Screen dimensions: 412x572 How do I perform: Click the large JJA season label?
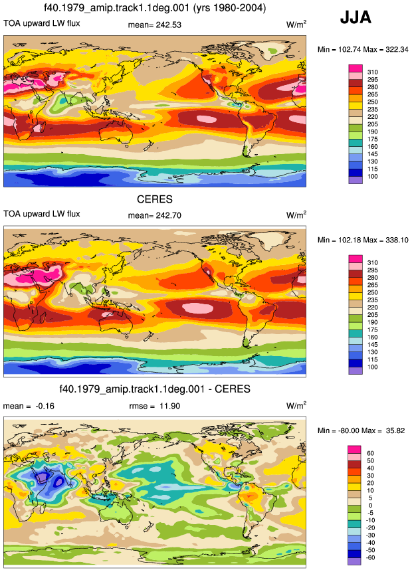pos(356,17)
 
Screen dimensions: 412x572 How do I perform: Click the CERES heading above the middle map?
pos(155,199)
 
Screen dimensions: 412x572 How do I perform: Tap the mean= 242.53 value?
pos(155,25)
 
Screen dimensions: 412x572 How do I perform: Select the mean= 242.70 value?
pos(155,215)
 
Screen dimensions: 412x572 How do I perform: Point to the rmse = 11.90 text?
pos(155,406)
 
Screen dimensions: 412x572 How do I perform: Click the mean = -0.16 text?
pos(29,406)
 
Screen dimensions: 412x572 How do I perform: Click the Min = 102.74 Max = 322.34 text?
pos(363,50)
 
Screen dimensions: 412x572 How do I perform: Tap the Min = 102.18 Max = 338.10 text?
pos(363,240)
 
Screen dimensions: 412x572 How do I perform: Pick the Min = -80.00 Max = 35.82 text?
pos(361,430)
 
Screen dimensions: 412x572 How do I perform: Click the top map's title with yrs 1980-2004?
pos(155,8)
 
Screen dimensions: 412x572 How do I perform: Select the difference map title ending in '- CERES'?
pos(155,389)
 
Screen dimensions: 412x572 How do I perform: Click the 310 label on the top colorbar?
pos(373,72)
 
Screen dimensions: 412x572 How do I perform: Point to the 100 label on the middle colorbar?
pos(373,367)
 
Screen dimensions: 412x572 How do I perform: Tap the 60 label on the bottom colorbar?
pos(370,454)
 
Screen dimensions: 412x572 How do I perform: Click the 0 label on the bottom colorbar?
pos(370,506)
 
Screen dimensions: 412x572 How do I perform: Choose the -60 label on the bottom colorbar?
pos(370,557)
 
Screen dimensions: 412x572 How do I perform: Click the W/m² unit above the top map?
pos(296,25)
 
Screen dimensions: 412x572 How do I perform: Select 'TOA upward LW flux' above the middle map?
pos(42,214)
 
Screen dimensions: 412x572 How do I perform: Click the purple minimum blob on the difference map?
pos(43,478)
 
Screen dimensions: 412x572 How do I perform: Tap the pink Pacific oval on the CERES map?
pos(197,308)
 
